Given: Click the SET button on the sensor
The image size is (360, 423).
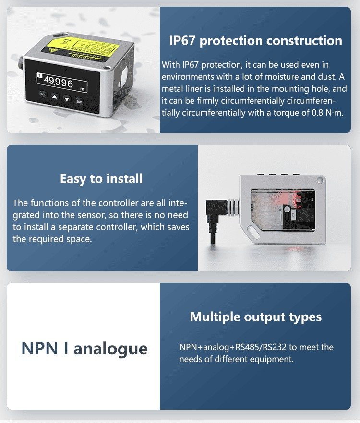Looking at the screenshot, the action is pos(43,94).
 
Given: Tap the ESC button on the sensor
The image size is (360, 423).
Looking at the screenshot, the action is pos(79,101).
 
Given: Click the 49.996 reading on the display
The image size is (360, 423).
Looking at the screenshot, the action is pos(59,82).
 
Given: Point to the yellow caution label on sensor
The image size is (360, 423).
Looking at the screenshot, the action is pos(81,48).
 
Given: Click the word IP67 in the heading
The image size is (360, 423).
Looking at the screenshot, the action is pos(183,41).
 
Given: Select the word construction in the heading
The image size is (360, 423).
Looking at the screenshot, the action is pos(304,41).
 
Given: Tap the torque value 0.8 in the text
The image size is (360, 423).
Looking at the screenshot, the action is pos(317,113).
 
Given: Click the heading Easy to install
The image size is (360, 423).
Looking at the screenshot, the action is pos(101,178).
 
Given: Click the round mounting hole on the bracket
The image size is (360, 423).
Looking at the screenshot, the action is pos(320,180).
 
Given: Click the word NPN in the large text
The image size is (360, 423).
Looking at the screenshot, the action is pos(40,348).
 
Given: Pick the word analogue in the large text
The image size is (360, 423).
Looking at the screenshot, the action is pos(110,349).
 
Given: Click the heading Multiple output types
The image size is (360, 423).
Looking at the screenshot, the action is pos(256,317).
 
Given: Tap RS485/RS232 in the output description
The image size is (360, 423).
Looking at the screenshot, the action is pos(261,347).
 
